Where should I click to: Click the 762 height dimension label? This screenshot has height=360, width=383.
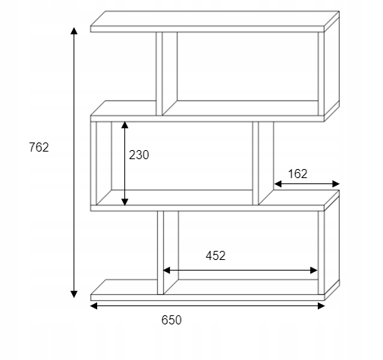point(39,147)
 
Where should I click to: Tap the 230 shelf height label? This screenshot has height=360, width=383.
point(139,155)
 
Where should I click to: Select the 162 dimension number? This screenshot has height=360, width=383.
point(297,174)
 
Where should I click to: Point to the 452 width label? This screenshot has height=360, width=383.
point(215,255)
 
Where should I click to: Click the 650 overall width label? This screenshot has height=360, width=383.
point(171,320)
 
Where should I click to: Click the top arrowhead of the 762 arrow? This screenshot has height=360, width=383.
point(74,30)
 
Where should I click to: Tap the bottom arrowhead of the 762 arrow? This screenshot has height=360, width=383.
point(74,294)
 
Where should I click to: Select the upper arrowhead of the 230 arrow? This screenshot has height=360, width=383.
point(124,125)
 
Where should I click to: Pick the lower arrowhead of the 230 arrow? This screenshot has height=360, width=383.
point(124,202)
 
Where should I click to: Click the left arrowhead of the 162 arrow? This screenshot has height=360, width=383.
point(278,184)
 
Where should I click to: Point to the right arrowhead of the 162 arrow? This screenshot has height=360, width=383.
point(336,184)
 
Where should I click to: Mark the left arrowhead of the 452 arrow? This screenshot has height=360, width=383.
point(167,271)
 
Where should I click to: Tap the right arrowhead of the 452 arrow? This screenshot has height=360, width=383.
point(314,271)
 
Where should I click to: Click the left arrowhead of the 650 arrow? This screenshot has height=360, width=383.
point(94,306)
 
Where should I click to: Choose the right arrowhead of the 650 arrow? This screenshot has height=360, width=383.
point(321,306)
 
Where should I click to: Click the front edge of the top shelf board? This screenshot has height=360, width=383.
point(207,29)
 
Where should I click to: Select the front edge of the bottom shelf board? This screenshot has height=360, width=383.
point(207,297)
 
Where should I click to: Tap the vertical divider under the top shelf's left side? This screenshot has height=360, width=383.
point(159,74)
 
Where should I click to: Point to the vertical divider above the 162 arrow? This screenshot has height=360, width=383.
point(256,163)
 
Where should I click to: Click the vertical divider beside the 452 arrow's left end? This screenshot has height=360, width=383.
point(160,252)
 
